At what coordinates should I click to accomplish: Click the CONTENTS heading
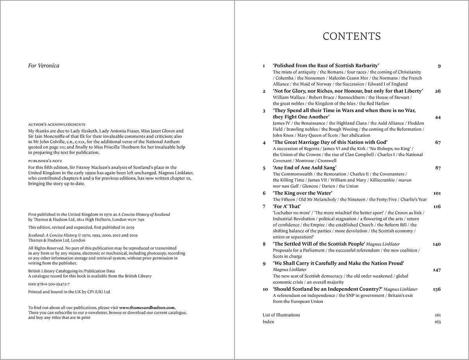coord(351,36)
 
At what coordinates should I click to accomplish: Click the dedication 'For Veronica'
coord(44,66)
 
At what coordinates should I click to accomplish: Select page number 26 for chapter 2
coord(437,91)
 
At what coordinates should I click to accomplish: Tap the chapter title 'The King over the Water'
coord(303,193)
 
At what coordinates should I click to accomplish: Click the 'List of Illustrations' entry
coord(281,315)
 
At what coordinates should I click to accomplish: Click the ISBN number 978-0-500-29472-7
coord(53,284)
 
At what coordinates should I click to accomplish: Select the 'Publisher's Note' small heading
coord(45,161)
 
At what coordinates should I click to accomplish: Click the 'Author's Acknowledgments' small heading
coord(57,124)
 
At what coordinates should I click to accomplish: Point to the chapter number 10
coord(265,289)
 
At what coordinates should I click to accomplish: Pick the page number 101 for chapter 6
coord(437,193)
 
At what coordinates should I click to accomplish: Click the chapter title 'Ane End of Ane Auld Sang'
coord(304,168)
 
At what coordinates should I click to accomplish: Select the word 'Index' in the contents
coord(268,322)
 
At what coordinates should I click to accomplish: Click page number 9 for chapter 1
coord(439,66)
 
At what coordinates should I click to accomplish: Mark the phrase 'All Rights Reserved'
coord(44,248)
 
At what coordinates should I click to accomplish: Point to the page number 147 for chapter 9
coord(437,270)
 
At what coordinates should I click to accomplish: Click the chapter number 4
coord(264,142)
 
